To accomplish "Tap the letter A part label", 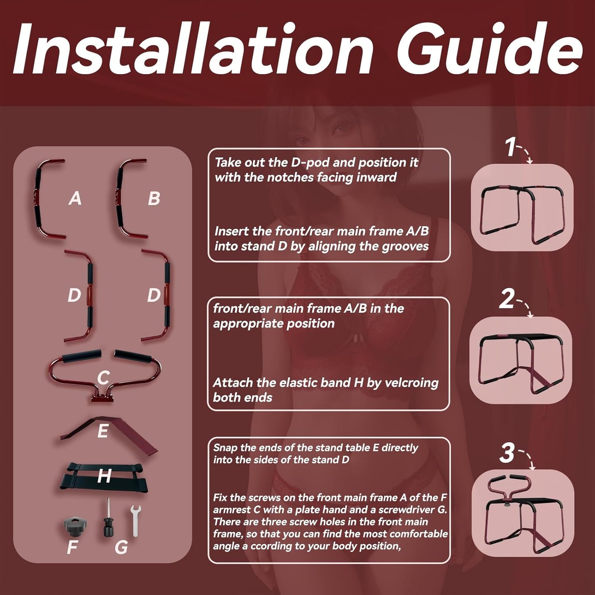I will tap(75, 198).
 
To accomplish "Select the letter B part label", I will tap(154, 198).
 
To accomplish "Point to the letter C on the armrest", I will tap(103, 378).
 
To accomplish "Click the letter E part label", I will tap(103, 431).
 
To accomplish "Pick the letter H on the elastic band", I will tap(104, 476).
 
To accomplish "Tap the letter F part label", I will tap(72, 547).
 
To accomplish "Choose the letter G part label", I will tap(121, 547).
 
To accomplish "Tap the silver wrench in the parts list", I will tap(135, 520).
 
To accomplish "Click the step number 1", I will tap(510, 147).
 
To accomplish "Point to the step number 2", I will tap(507, 299).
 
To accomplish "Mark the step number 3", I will tap(507, 453).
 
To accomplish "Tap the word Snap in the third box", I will tap(224, 448).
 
